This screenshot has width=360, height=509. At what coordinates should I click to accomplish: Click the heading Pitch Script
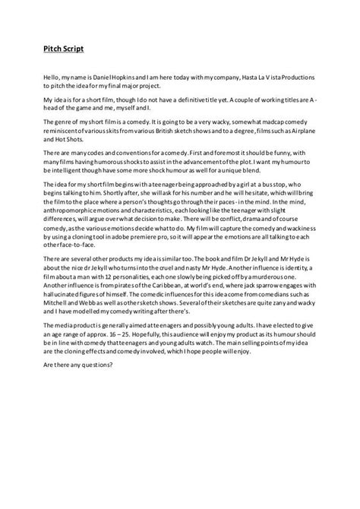click(x=62, y=49)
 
